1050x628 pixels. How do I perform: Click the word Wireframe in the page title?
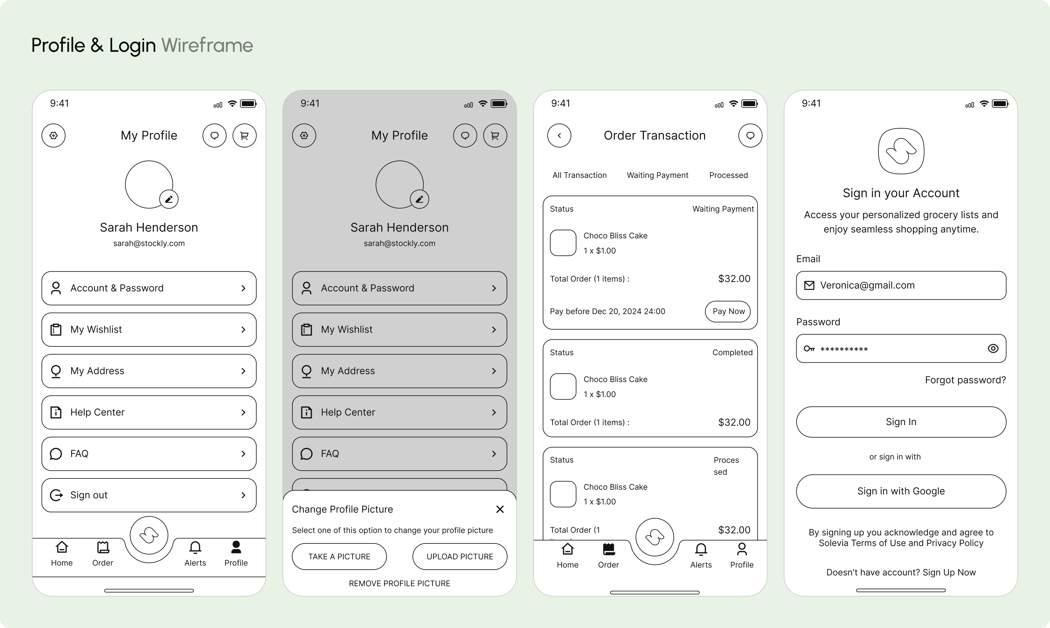(207, 45)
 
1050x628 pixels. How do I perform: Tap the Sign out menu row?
(149, 495)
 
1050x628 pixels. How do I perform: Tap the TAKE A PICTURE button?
(339, 557)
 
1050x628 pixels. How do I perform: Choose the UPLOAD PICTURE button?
(460, 557)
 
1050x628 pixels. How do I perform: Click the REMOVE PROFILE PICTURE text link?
(399, 584)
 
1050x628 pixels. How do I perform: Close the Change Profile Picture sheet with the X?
(500, 509)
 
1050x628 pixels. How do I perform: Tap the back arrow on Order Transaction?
(559, 135)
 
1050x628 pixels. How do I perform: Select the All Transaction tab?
(579, 175)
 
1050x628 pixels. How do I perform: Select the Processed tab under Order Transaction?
(728, 175)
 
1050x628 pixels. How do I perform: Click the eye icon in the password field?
(993, 348)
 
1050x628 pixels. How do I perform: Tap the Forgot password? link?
(965, 380)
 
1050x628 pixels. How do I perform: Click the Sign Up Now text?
(949, 572)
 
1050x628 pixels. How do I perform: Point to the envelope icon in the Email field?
(809, 286)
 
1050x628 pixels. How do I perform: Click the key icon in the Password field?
(809, 349)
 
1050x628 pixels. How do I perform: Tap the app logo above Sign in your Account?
(901, 151)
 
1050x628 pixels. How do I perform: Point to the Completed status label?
(732, 352)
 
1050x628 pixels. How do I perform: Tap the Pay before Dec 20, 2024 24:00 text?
(607, 312)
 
